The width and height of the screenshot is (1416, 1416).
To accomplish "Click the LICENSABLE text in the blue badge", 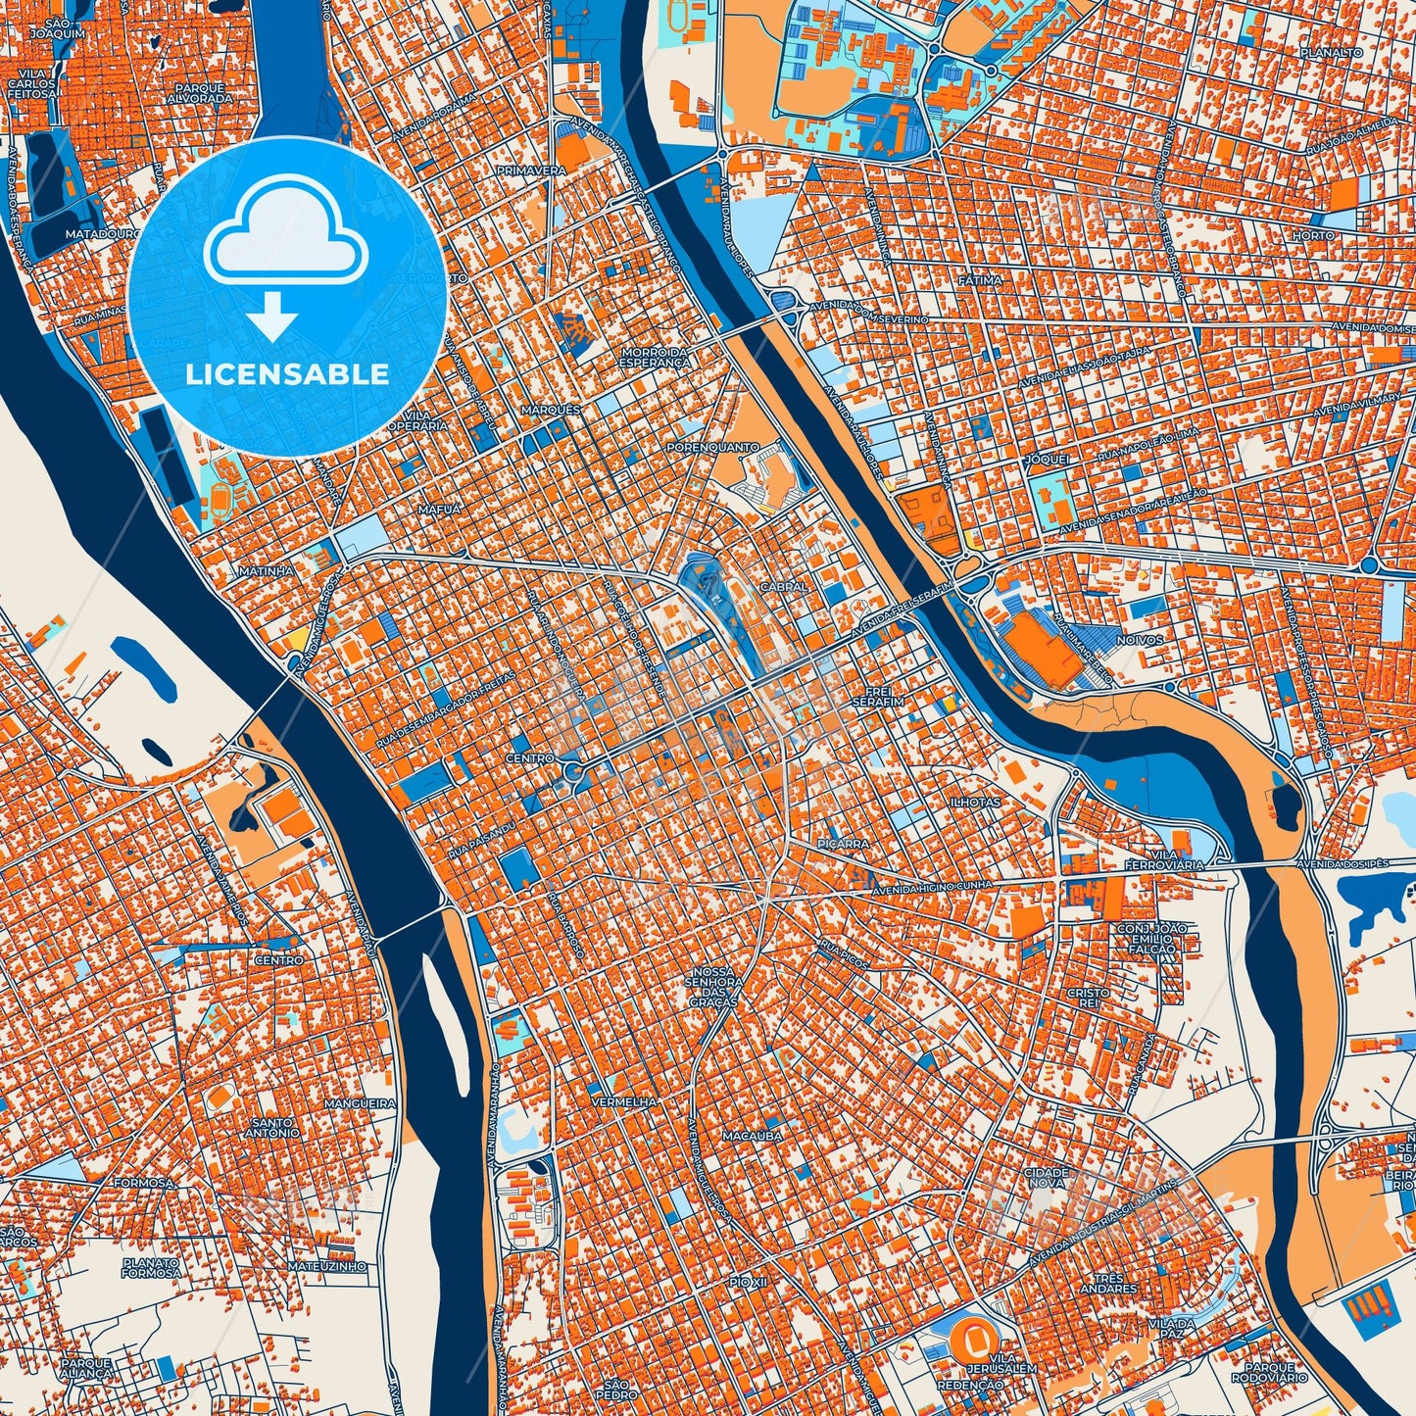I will click(x=287, y=374).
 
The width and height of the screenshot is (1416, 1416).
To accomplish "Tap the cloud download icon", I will click(x=286, y=257).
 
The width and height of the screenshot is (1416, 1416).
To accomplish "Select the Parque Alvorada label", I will click(x=199, y=93).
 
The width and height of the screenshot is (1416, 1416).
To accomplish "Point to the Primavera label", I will click(x=532, y=171).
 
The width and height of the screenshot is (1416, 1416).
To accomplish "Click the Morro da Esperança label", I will click(x=655, y=357).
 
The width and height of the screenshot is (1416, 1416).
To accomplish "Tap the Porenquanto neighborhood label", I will click(x=712, y=447).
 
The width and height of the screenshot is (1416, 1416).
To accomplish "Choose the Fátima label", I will click(x=980, y=280).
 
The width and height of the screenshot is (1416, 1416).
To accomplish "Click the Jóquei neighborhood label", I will click(x=1046, y=459).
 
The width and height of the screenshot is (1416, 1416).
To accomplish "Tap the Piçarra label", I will click(x=842, y=843).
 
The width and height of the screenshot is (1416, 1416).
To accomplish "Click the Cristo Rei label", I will click(x=1088, y=999).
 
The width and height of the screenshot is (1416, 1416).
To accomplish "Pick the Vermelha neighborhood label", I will click(x=624, y=1102).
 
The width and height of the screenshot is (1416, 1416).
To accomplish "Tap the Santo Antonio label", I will click(x=275, y=1127).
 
